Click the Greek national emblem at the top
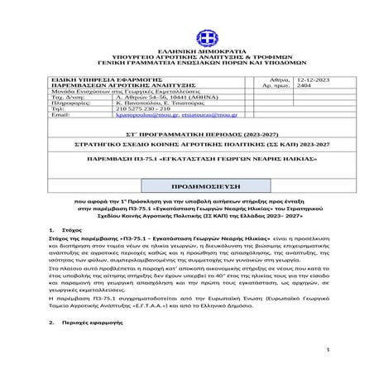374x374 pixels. coord(203,38)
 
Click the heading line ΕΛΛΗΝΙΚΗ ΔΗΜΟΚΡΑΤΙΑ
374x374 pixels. coord(203,50)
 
